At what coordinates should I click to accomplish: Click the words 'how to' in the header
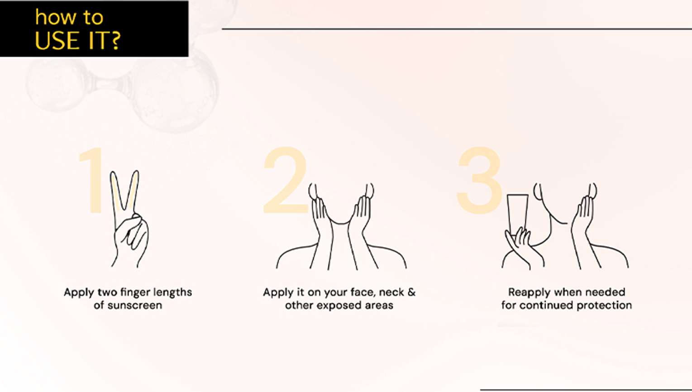click(69, 17)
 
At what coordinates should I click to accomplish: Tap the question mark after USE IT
click(115, 40)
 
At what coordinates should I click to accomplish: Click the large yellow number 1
click(92, 180)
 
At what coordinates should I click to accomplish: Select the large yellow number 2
click(285, 180)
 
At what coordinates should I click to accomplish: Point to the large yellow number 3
click(479, 180)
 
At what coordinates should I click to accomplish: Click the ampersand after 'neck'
click(411, 292)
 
